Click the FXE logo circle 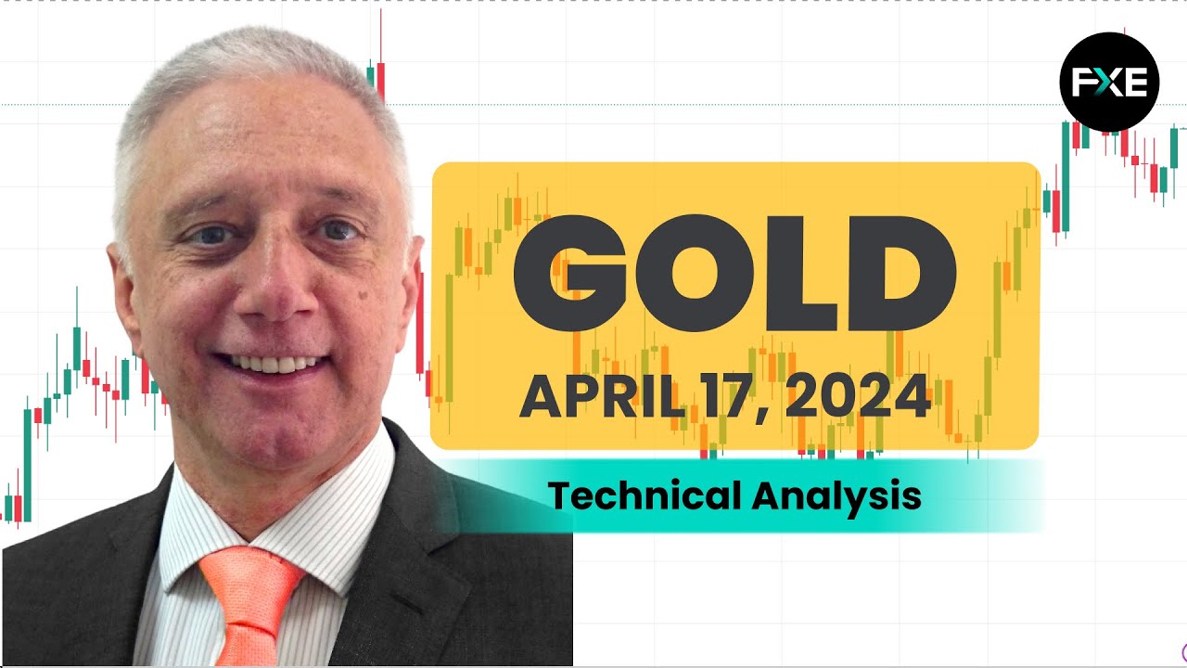1109,82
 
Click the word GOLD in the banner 735,273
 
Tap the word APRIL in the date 603,396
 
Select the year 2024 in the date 858,396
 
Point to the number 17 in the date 730,396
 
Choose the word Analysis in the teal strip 836,497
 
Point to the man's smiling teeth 272,364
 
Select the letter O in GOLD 695,273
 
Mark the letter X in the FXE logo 1109,83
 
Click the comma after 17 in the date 762,415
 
